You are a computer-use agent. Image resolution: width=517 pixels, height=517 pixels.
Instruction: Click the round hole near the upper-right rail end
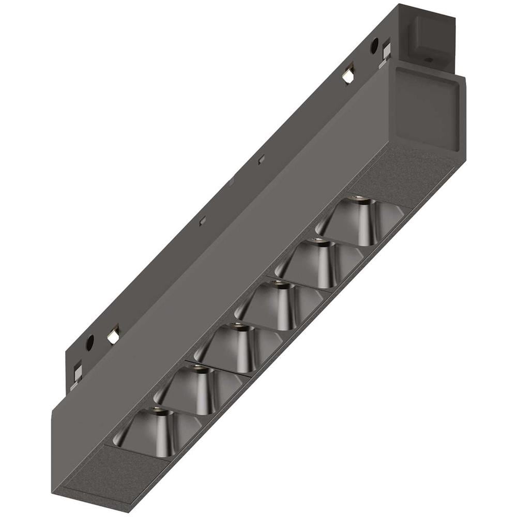point(373,45)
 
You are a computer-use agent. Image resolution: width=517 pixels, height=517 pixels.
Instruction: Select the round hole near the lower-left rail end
point(90,341)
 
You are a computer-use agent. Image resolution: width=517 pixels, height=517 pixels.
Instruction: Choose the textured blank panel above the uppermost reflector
point(393,176)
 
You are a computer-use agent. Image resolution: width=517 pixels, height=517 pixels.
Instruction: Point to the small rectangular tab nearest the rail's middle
point(261,159)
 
